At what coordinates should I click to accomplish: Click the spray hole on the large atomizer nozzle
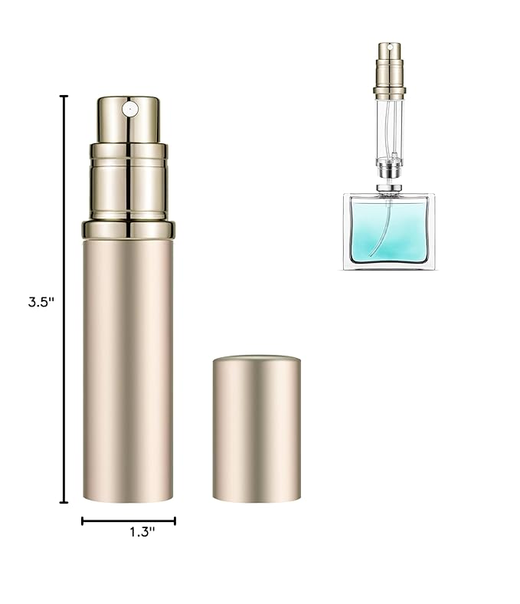(x=130, y=109)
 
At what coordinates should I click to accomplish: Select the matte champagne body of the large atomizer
(x=128, y=368)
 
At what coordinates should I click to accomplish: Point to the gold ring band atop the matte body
(x=129, y=229)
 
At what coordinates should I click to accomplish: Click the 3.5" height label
(x=41, y=302)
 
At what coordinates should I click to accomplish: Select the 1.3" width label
(x=142, y=532)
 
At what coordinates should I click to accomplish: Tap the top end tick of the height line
(x=64, y=97)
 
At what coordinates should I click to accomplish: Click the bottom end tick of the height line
(x=64, y=503)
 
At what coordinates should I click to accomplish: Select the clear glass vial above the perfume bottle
(x=389, y=126)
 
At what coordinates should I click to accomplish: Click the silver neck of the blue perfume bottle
(x=389, y=188)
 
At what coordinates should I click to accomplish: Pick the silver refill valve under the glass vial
(x=389, y=167)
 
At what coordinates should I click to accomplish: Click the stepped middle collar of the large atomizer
(x=129, y=184)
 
